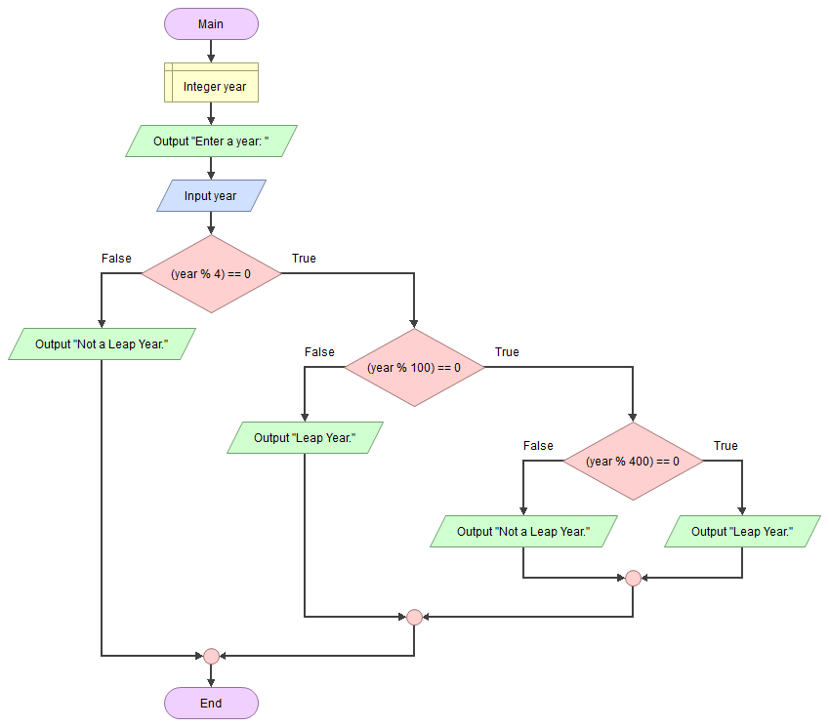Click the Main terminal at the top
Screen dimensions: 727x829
211,24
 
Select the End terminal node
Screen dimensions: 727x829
211,703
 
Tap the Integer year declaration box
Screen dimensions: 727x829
211,86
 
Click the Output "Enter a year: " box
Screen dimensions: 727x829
211,141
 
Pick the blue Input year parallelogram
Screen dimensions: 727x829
211,195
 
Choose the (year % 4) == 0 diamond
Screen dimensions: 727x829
211,273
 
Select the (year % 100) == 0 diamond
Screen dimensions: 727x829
413,367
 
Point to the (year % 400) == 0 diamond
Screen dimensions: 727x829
632,461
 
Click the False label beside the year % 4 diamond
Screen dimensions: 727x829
117,259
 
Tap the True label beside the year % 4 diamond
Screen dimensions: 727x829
304,259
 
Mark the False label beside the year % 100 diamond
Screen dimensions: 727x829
319,352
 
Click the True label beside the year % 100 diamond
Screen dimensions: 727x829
507,352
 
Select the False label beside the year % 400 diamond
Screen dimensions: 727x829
538,446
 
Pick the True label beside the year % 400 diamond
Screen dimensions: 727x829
725,446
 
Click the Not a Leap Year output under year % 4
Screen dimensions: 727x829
102,343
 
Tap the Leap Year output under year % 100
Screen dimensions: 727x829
305,437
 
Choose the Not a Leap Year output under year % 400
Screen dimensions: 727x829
523,531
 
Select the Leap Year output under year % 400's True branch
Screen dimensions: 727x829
742,531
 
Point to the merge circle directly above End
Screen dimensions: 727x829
211,656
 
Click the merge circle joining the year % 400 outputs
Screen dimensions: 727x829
633,578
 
